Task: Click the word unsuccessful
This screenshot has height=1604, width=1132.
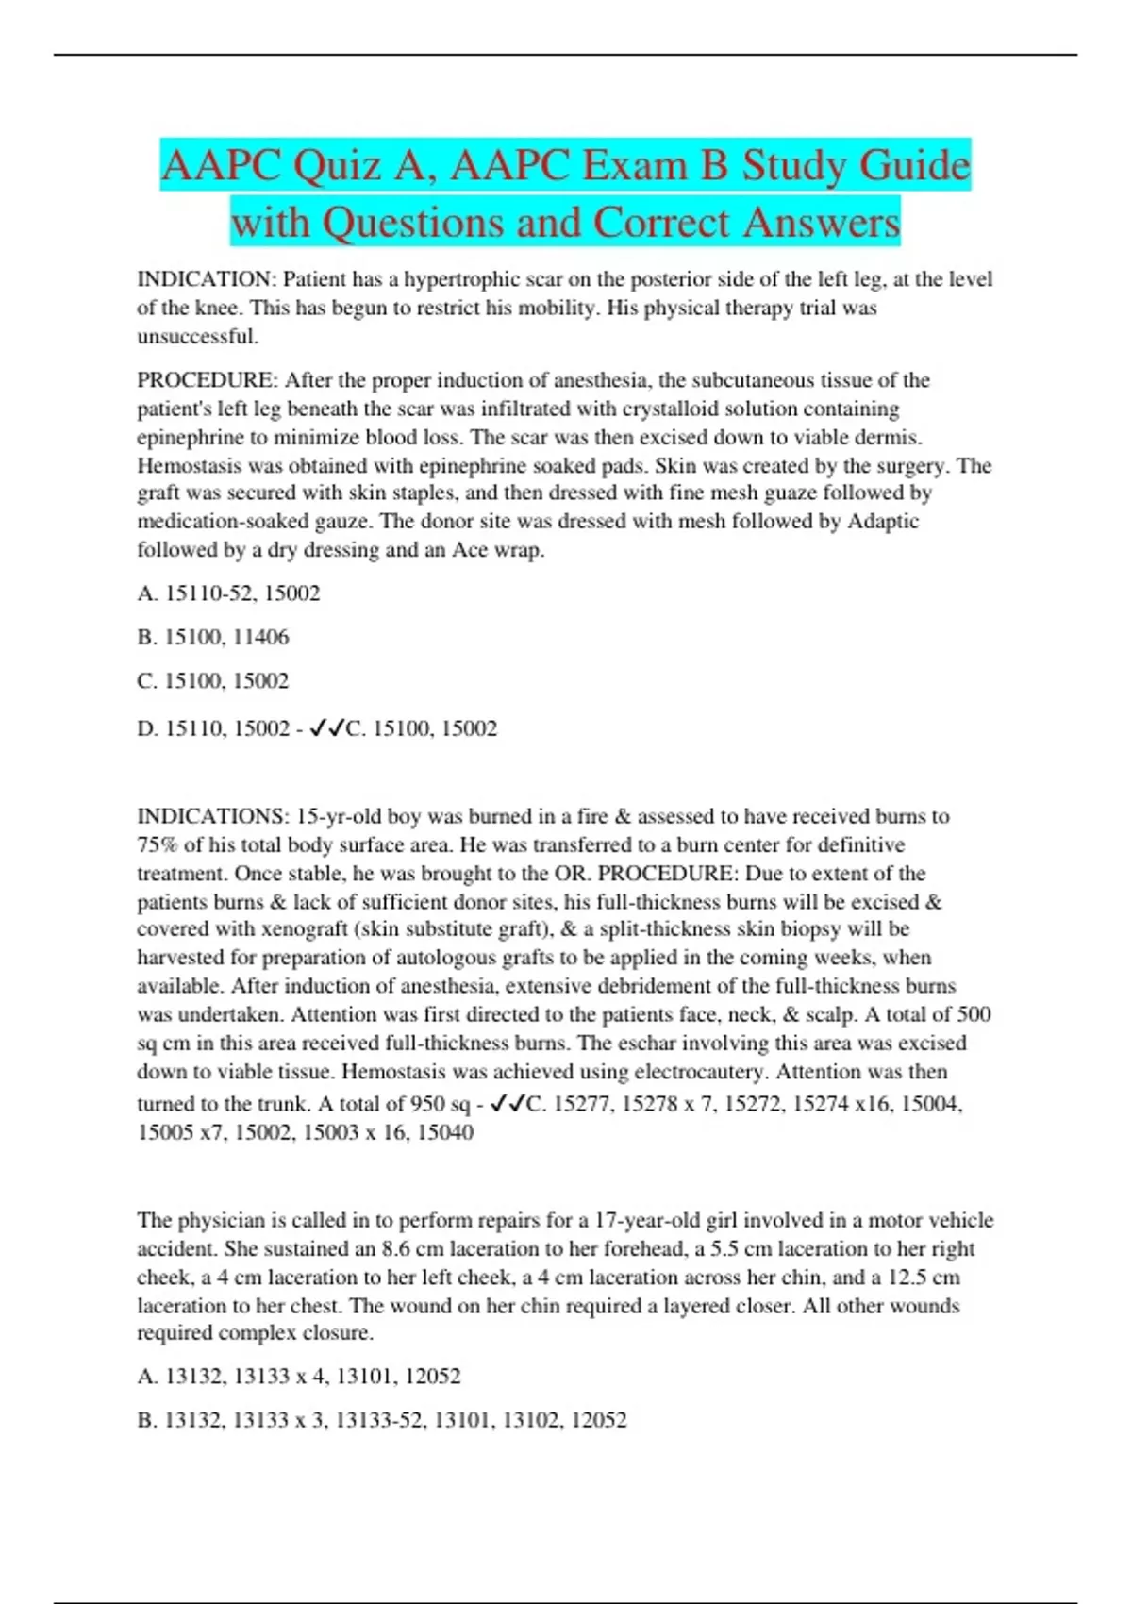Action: (197, 336)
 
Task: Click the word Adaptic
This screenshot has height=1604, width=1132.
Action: (883, 521)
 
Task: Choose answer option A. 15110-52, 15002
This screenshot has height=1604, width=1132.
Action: (228, 593)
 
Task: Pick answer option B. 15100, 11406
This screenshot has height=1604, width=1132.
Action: (213, 637)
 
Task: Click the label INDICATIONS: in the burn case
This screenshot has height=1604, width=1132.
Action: (213, 816)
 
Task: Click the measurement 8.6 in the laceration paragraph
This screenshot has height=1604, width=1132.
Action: (396, 1248)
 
